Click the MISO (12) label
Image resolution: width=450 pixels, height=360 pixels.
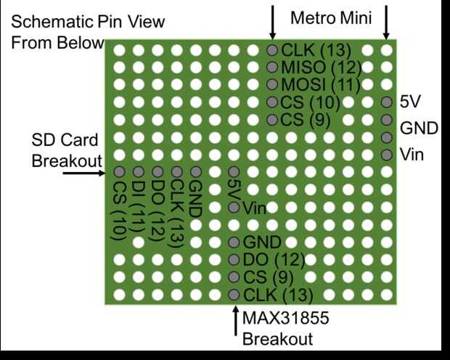pos(321,67)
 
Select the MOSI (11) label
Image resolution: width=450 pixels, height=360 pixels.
pos(321,85)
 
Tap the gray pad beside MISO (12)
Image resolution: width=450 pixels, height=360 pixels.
pos(272,67)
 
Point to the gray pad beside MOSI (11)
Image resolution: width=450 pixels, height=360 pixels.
pos(272,84)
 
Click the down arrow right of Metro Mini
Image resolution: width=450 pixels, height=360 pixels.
pos(386,22)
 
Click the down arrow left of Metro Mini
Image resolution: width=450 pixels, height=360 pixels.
pos(272,22)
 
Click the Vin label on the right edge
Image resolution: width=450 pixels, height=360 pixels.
pos(412,155)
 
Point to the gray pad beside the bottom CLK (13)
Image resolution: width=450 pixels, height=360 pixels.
pos(234,295)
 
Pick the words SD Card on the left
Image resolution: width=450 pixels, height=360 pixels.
pos(65,139)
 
